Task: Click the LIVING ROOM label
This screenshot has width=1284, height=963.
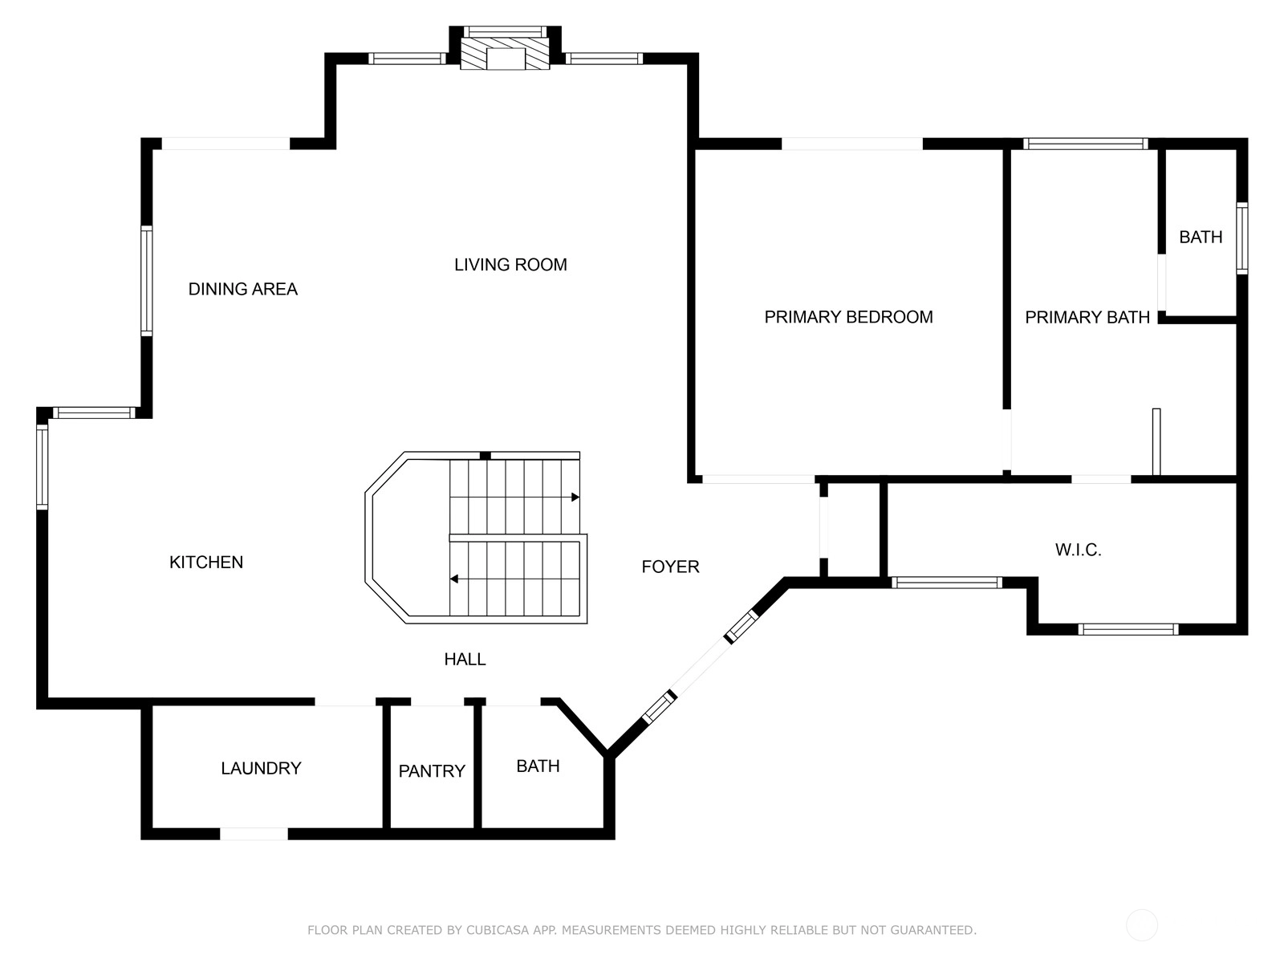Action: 510,265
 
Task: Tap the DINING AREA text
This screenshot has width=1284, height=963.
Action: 243,289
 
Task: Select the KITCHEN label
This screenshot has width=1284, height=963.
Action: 206,562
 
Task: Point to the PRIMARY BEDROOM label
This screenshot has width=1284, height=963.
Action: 848,317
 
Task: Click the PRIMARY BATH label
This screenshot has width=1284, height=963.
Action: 1087,318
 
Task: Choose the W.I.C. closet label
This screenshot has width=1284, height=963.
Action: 1078,550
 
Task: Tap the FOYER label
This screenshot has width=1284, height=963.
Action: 670,567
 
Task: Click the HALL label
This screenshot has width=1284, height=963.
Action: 465,659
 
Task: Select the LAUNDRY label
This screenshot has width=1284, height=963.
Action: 261,768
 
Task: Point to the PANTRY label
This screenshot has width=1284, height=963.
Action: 432,770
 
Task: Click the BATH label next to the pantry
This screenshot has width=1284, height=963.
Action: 538,766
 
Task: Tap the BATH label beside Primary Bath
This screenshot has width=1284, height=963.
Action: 1201,237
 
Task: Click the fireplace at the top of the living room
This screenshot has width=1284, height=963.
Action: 505,54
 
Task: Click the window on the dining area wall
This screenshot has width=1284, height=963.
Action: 147,281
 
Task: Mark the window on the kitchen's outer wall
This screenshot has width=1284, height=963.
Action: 42,466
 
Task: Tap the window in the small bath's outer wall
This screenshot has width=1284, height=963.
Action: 1241,238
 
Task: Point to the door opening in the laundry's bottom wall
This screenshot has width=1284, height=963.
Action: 254,834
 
